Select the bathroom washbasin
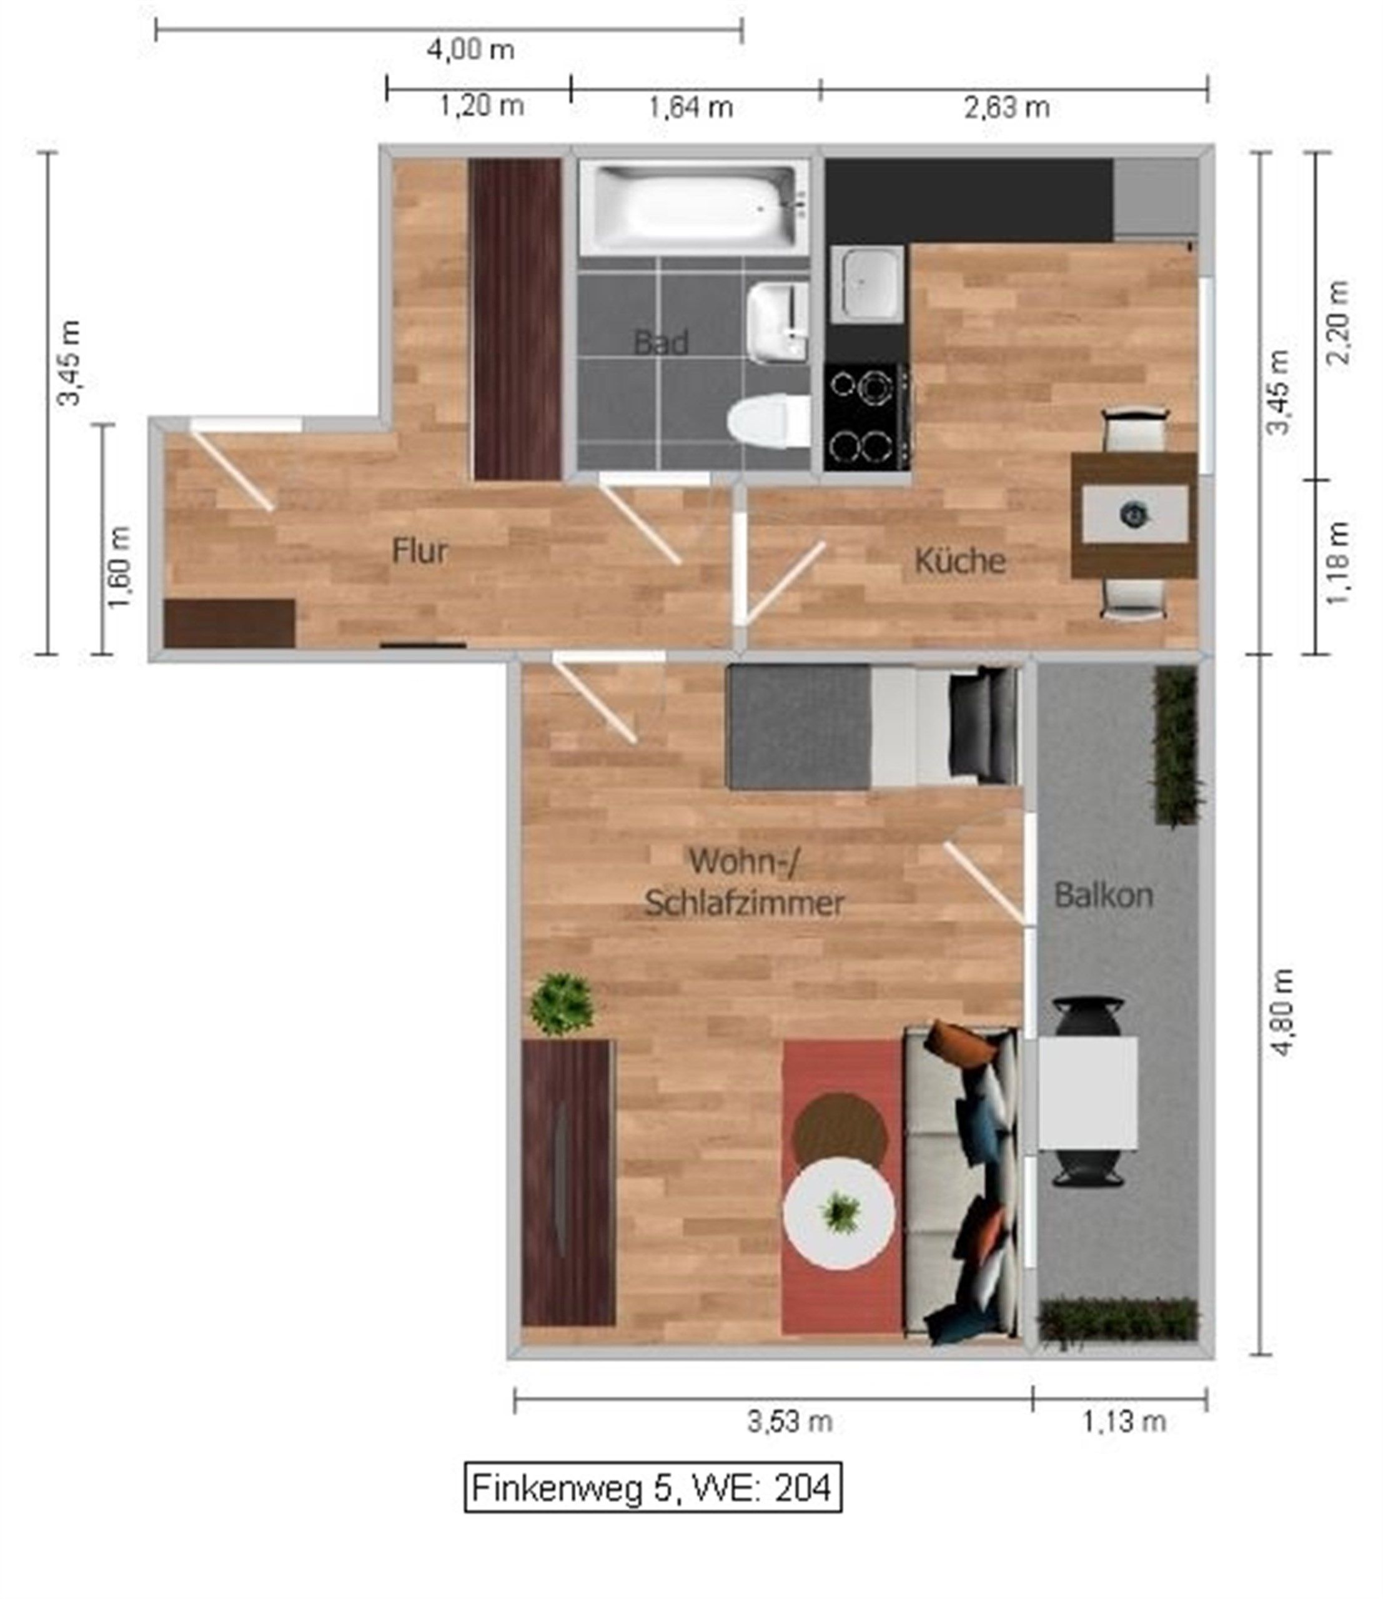[778, 322]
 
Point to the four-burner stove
[866, 417]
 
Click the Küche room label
[960, 561]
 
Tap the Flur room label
[420, 551]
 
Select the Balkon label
[1104, 895]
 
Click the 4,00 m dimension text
[471, 50]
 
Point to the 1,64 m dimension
[691, 107]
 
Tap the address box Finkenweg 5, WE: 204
[653, 1487]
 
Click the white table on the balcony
[1087, 1092]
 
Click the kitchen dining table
[1134, 515]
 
